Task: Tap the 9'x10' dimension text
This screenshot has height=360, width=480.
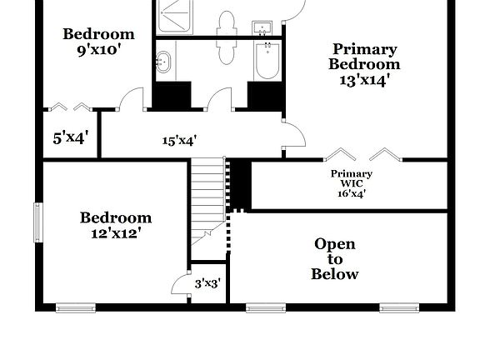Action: click(98, 48)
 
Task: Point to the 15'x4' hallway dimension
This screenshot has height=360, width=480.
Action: click(180, 140)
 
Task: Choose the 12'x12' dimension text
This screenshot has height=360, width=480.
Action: click(116, 233)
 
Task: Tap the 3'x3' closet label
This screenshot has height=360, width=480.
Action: click(207, 283)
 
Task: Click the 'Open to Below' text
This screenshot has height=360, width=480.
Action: click(335, 258)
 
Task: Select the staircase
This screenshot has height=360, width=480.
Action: click(207, 196)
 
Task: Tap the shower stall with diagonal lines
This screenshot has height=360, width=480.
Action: click(175, 17)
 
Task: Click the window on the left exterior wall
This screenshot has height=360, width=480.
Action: click(37, 223)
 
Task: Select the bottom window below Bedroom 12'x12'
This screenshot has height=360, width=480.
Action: click(76, 307)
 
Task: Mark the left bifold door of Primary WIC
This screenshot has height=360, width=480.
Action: click(340, 154)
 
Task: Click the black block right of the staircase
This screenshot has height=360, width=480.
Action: click(240, 182)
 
